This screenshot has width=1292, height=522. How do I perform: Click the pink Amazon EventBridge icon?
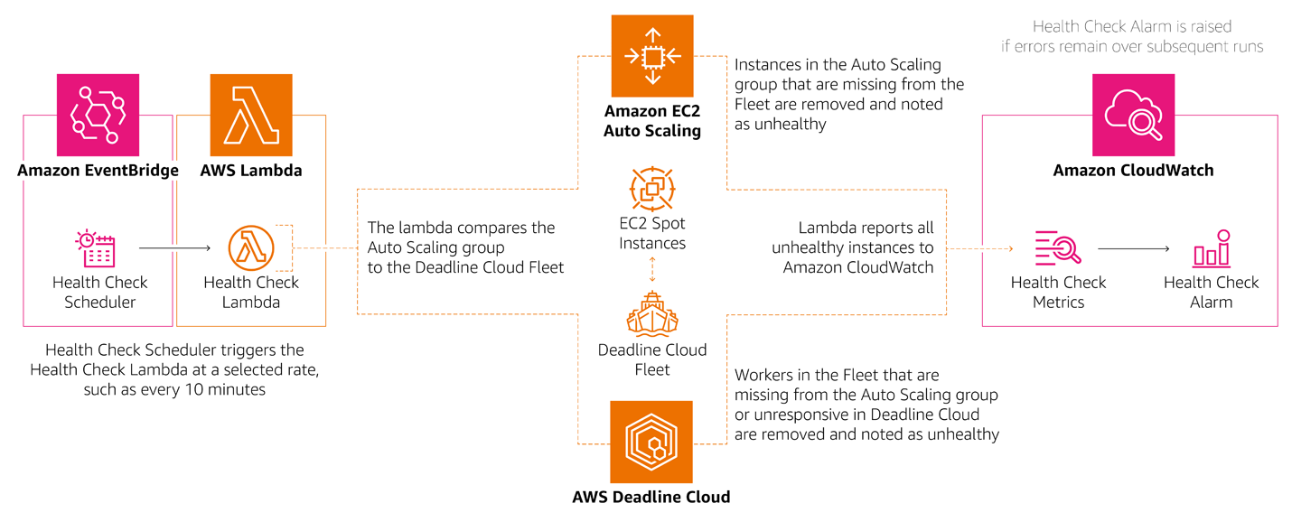point(98,115)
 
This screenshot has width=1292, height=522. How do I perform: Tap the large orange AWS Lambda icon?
point(251,115)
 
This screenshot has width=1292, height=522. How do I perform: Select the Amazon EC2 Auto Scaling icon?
point(651,56)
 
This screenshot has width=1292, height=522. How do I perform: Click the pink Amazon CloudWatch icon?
point(1133,115)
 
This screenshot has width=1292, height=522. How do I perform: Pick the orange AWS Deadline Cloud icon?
point(651,442)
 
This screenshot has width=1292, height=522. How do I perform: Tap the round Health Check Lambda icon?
point(250,248)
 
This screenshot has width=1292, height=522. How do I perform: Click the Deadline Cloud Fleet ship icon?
point(652,313)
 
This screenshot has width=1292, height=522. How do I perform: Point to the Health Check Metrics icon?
point(1057,248)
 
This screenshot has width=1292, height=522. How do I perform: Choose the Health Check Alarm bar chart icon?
point(1211,248)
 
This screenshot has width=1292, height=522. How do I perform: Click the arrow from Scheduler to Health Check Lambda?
point(174,247)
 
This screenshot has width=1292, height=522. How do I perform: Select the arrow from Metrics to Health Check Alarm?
point(1134,247)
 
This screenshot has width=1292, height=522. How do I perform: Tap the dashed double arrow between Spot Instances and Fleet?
point(652,269)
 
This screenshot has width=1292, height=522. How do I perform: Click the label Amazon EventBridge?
point(98,171)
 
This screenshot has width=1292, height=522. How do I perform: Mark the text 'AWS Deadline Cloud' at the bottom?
point(651,497)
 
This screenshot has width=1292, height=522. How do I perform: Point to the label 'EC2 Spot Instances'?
point(652,233)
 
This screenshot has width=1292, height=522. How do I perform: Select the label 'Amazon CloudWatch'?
point(1133,171)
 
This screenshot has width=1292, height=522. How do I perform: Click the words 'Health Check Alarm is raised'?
point(1132,26)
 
